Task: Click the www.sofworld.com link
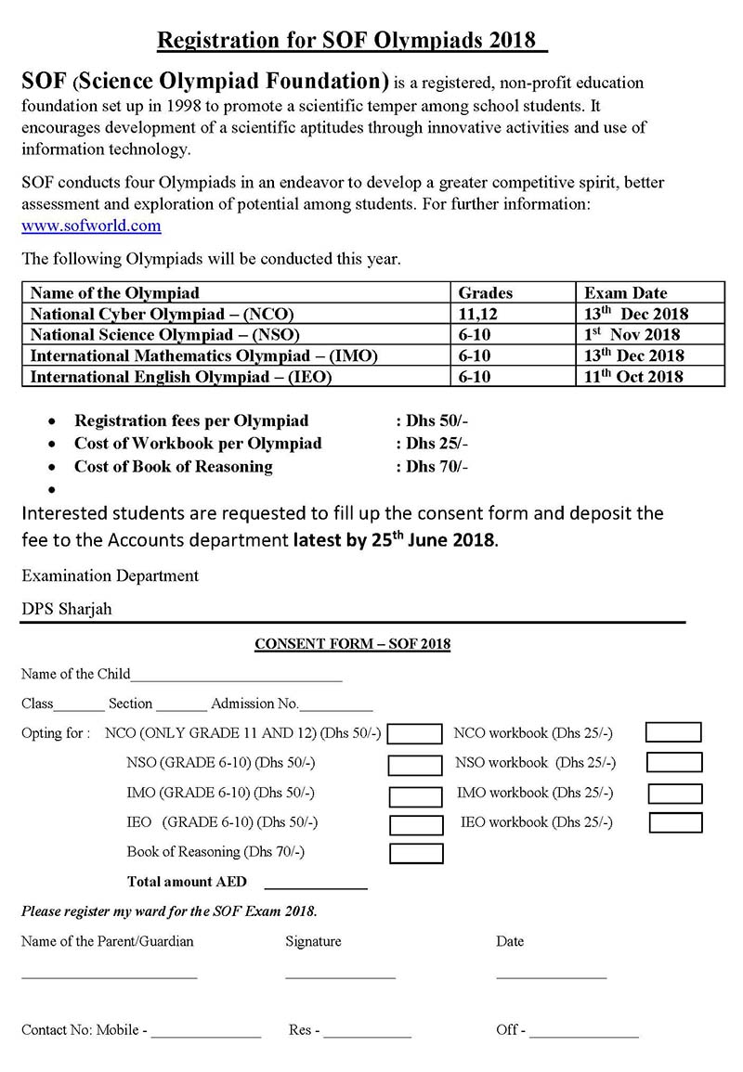click(x=92, y=226)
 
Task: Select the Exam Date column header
click(x=625, y=293)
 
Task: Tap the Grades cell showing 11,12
click(x=478, y=314)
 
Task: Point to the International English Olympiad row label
click(x=180, y=376)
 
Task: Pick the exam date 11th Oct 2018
click(x=633, y=376)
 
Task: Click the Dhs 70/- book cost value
click(x=435, y=467)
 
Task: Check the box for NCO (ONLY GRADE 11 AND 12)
click(x=415, y=735)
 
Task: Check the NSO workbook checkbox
click(x=674, y=763)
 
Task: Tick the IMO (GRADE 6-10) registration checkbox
click(x=415, y=795)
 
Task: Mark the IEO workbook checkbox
click(x=675, y=822)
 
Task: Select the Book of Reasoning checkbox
click(x=416, y=853)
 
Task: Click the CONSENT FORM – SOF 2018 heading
click(x=352, y=644)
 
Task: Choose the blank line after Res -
click(x=367, y=1036)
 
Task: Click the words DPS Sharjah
click(x=68, y=609)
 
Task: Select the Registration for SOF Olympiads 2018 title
click(x=351, y=40)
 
